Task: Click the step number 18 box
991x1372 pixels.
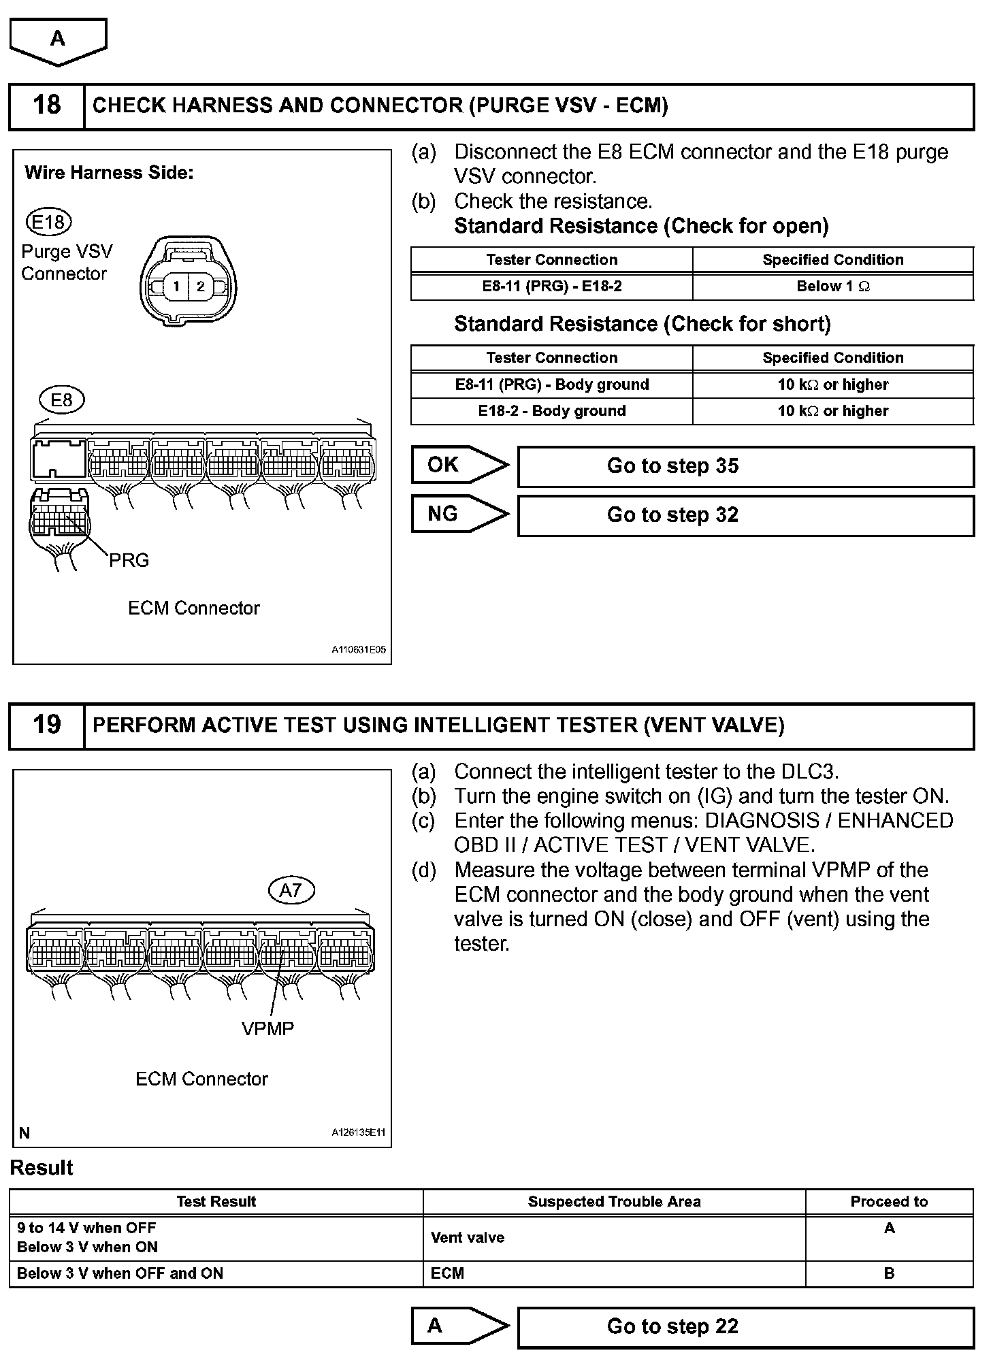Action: point(46,105)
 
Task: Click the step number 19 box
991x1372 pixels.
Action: point(46,725)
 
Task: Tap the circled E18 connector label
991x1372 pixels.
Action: point(48,222)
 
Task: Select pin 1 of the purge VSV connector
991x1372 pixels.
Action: point(176,287)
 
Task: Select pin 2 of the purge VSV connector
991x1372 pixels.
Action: point(200,287)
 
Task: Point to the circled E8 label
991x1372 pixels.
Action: point(61,399)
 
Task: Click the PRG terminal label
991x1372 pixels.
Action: point(129,560)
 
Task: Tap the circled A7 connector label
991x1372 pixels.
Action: point(291,890)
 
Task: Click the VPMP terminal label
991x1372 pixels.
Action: point(267,1028)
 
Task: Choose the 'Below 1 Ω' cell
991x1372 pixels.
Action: point(832,287)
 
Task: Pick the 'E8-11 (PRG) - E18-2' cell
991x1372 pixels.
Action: point(551,287)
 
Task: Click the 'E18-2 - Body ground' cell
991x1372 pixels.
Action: point(551,411)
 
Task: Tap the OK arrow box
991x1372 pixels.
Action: point(459,465)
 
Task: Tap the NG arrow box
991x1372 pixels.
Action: point(459,514)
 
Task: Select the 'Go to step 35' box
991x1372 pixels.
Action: point(745,466)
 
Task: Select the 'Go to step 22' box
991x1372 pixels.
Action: point(745,1326)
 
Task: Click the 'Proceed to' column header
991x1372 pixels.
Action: point(889,1201)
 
